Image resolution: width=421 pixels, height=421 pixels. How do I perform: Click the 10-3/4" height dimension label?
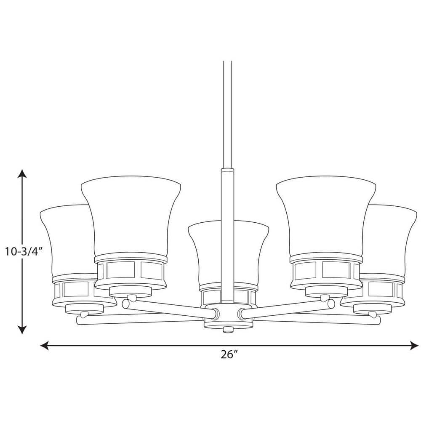click(x=23, y=252)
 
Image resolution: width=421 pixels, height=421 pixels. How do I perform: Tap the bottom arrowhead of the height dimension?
click(x=22, y=330)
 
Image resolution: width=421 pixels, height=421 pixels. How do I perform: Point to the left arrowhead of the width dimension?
click(x=44, y=345)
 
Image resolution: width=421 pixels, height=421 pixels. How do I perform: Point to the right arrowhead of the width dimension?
click(x=414, y=345)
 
